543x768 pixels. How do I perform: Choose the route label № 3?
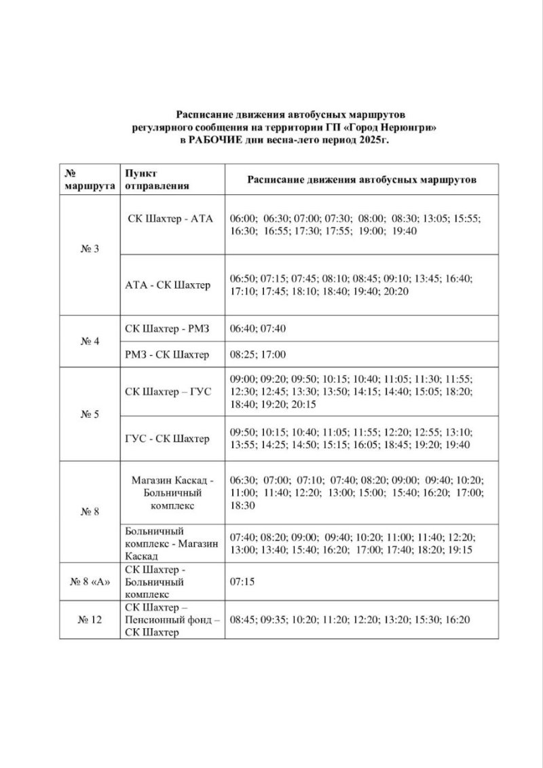click(89, 249)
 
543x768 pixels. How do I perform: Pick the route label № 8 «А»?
click(89, 582)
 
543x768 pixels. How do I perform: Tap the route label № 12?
click(89, 619)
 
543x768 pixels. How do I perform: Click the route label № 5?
click(89, 414)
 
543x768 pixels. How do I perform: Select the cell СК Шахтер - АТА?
click(170, 219)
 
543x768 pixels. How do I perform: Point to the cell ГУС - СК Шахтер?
click(168, 438)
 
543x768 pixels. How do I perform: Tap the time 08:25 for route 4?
click(244, 354)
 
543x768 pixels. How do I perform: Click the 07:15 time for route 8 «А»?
click(244, 582)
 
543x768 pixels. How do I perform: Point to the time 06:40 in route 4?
click(244, 329)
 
